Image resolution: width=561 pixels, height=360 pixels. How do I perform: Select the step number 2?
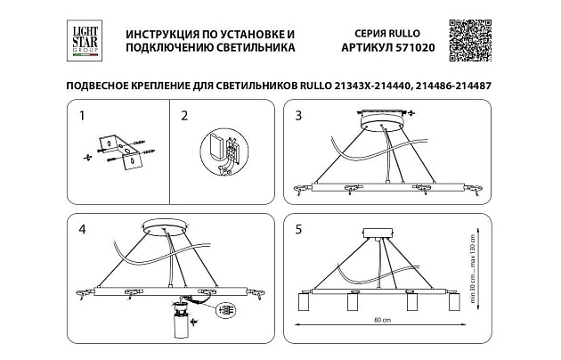click(x=184, y=116)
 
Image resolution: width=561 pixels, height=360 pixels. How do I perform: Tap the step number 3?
click(x=299, y=116)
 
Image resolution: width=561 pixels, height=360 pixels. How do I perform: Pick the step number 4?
click(x=82, y=230)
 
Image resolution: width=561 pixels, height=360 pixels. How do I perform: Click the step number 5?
click(x=299, y=230)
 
